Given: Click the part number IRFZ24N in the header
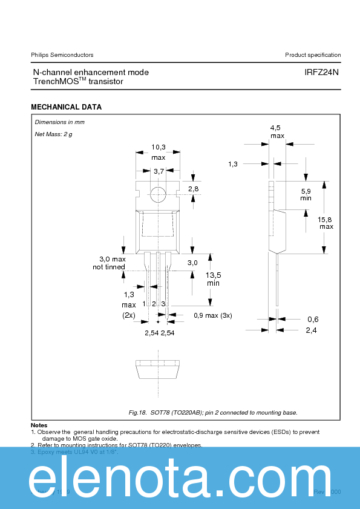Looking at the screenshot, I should click(x=321, y=72).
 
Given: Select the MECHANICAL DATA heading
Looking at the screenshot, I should click(x=66, y=107).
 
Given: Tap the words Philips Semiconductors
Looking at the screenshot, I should click(x=62, y=55).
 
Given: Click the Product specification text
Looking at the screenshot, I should click(x=313, y=55).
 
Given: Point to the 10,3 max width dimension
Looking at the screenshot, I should click(x=158, y=152).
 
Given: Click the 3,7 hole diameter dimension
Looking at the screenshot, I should click(x=159, y=172).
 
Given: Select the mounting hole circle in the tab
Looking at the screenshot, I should click(x=158, y=194).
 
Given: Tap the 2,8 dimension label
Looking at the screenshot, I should click(x=193, y=189).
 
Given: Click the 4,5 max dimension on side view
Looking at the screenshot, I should click(x=277, y=131).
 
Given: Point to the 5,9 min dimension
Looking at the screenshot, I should click(x=306, y=194).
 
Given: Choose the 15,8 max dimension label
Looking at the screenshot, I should click(x=326, y=223).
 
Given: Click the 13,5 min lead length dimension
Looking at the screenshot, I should click(x=213, y=278).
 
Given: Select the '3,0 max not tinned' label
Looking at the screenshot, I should click(x=109, y=263).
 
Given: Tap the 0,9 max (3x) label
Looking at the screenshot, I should click(x=212, y=315).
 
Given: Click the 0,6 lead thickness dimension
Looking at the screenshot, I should click(x=312, y=319).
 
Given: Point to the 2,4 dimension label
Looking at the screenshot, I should click(x=312, y=330).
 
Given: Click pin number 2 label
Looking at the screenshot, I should click(x=154, y=303).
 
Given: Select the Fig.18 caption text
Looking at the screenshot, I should click(x=213, y=412).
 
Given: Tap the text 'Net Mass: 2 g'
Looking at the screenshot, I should click(x=53, y=134).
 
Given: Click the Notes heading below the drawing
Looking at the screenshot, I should click(x=39, y=425).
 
